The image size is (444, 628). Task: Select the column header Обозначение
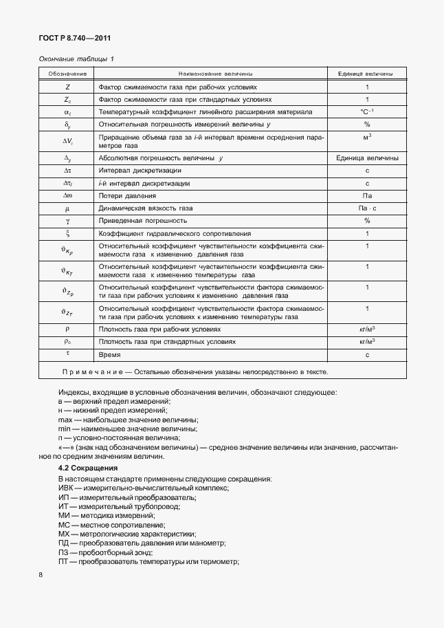tap(67, 74)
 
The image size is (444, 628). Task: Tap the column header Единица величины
tap(367, 74)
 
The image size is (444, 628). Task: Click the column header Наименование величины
tap(215, 74)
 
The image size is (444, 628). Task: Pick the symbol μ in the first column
tap(67, 208)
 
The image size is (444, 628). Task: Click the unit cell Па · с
tap(367, 208)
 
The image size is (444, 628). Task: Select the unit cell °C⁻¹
tap(367, 111)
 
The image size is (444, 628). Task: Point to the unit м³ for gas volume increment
tap(367, 138)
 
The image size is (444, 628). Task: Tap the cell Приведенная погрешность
tap(134, 221)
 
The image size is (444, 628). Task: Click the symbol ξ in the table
tap(67, 233)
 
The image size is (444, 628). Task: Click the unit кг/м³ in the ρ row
tap(367, 329)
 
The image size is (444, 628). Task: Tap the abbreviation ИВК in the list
tap(66, 488)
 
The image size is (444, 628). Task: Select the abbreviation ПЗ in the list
tap(64, 553)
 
